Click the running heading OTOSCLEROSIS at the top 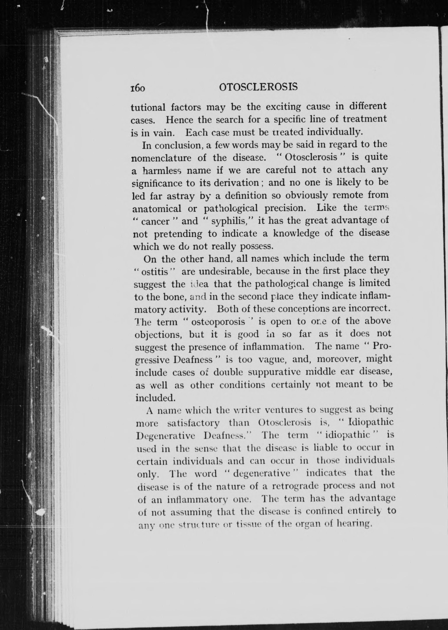(258, 87)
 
